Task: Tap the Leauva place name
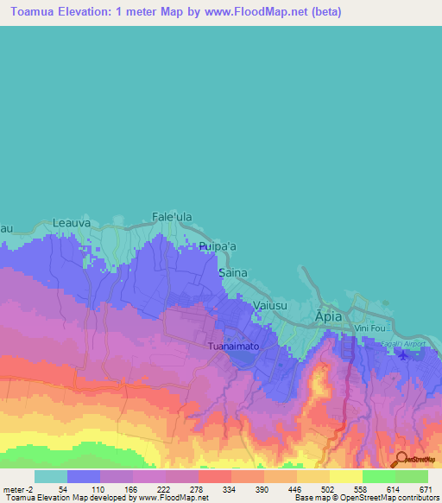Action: tap(72, 222)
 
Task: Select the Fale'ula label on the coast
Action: tap(170, 216)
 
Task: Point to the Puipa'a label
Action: tap(217, 246)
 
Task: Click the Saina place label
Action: tap(233, 272)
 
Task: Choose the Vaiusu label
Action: tap(273, 305)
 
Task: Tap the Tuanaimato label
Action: tap(233, 347)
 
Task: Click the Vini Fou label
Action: tap(368, 328)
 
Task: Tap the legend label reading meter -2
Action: tap(18, 488)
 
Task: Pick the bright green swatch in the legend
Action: tap(379, 476)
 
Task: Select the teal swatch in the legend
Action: tap(51, 476)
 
